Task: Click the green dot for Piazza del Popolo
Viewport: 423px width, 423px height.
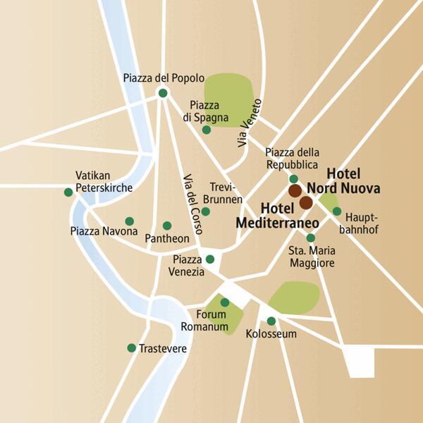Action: coord(163,93)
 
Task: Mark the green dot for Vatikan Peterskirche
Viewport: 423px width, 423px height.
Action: coord(68,192)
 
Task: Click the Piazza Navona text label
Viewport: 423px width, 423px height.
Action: coord(104,231)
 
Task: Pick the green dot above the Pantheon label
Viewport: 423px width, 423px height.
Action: coord(167,226)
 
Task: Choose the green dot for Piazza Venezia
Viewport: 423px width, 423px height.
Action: coord(210,259)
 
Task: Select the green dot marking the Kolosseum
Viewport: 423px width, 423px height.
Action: coord(271,321)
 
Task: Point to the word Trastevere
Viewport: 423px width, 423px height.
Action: coord(163,348)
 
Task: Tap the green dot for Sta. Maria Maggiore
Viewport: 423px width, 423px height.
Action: coord(310,238)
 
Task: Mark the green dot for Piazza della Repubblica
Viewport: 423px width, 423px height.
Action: coord(294,179)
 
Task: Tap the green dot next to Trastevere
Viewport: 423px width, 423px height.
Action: coord(131,348)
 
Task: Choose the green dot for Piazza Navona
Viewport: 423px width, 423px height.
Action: coord(129,221)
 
